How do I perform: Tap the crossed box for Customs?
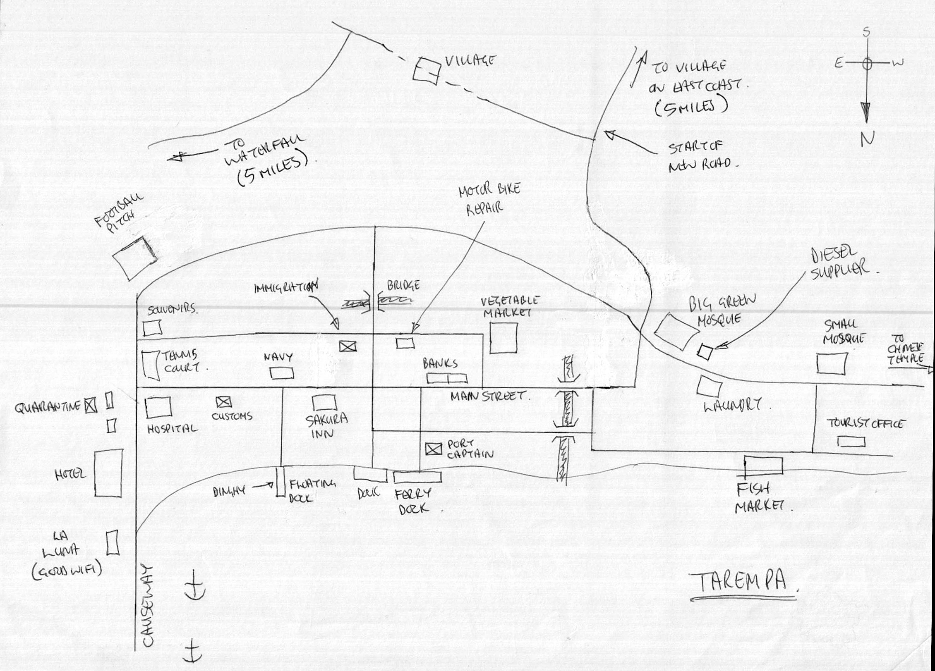click(x=224, y=402)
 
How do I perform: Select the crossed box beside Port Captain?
click(x=434, y=449)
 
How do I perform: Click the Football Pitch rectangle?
click(x=135, y=258)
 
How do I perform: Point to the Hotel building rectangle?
click(x=108, y=473)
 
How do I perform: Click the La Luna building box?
click(x=112, y=543)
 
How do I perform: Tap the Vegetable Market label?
click(x=511, y=306)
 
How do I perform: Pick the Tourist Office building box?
click(x=851, y=442)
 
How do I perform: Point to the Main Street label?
click(x=489, y=396)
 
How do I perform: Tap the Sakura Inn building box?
click(x=324, y=402)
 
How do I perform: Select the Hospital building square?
click(x=158, y=408)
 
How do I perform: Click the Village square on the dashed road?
click(x=426, y=71)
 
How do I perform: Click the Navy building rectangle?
click(x=281, y=373)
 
